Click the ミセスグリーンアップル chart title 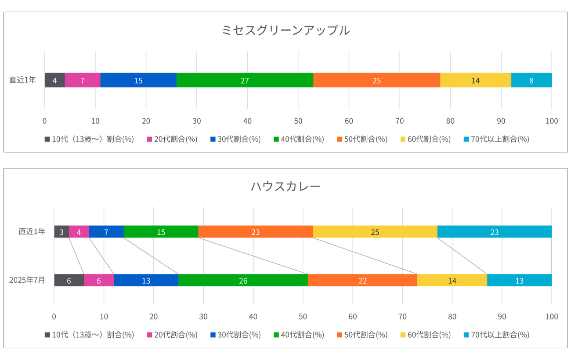(285, 30)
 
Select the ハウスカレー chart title (285, 186)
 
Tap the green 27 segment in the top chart (245, 80)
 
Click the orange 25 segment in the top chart (376, 80)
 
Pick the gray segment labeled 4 (54, 80)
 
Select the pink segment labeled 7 (83, 80)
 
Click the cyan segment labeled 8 (531, 80)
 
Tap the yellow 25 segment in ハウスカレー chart (375, 232)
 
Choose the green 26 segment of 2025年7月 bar (243, 281)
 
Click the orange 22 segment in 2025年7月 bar (362, 281)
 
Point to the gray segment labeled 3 (61, 232)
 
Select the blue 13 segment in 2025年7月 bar (146, 281)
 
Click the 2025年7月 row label (27, 280)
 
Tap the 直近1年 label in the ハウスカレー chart (32, 231)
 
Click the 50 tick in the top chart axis (298, 121)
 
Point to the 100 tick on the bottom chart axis (552, 317)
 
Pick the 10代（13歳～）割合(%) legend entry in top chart (89, 139)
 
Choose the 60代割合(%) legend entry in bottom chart (426, 335)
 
